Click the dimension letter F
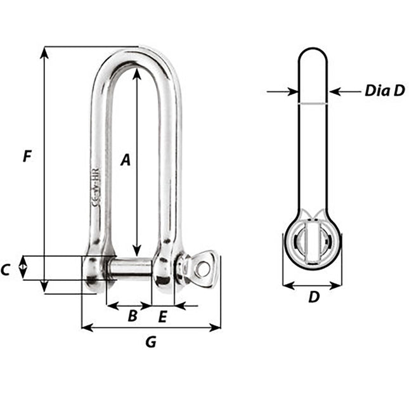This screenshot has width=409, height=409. pyautogui.click(x=26, y=155)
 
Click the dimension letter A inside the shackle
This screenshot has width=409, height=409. pyautogui.click(x=126, y=160)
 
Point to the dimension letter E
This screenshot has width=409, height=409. pyautogui.click(x=162, y=316)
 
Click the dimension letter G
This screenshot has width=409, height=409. pyautogui.click(x=150, y=342)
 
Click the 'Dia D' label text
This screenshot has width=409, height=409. pyautogui.click(x=384, y=91)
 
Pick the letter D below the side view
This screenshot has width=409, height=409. pyautogui.click(x=313, y=296)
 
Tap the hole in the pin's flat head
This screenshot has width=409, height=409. pyautogui.click(x=203, y=269)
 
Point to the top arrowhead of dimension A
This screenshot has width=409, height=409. pyautogui.click(x=136, y=74)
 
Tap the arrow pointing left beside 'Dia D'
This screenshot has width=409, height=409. pyautogui.click(x=335, y=91)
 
